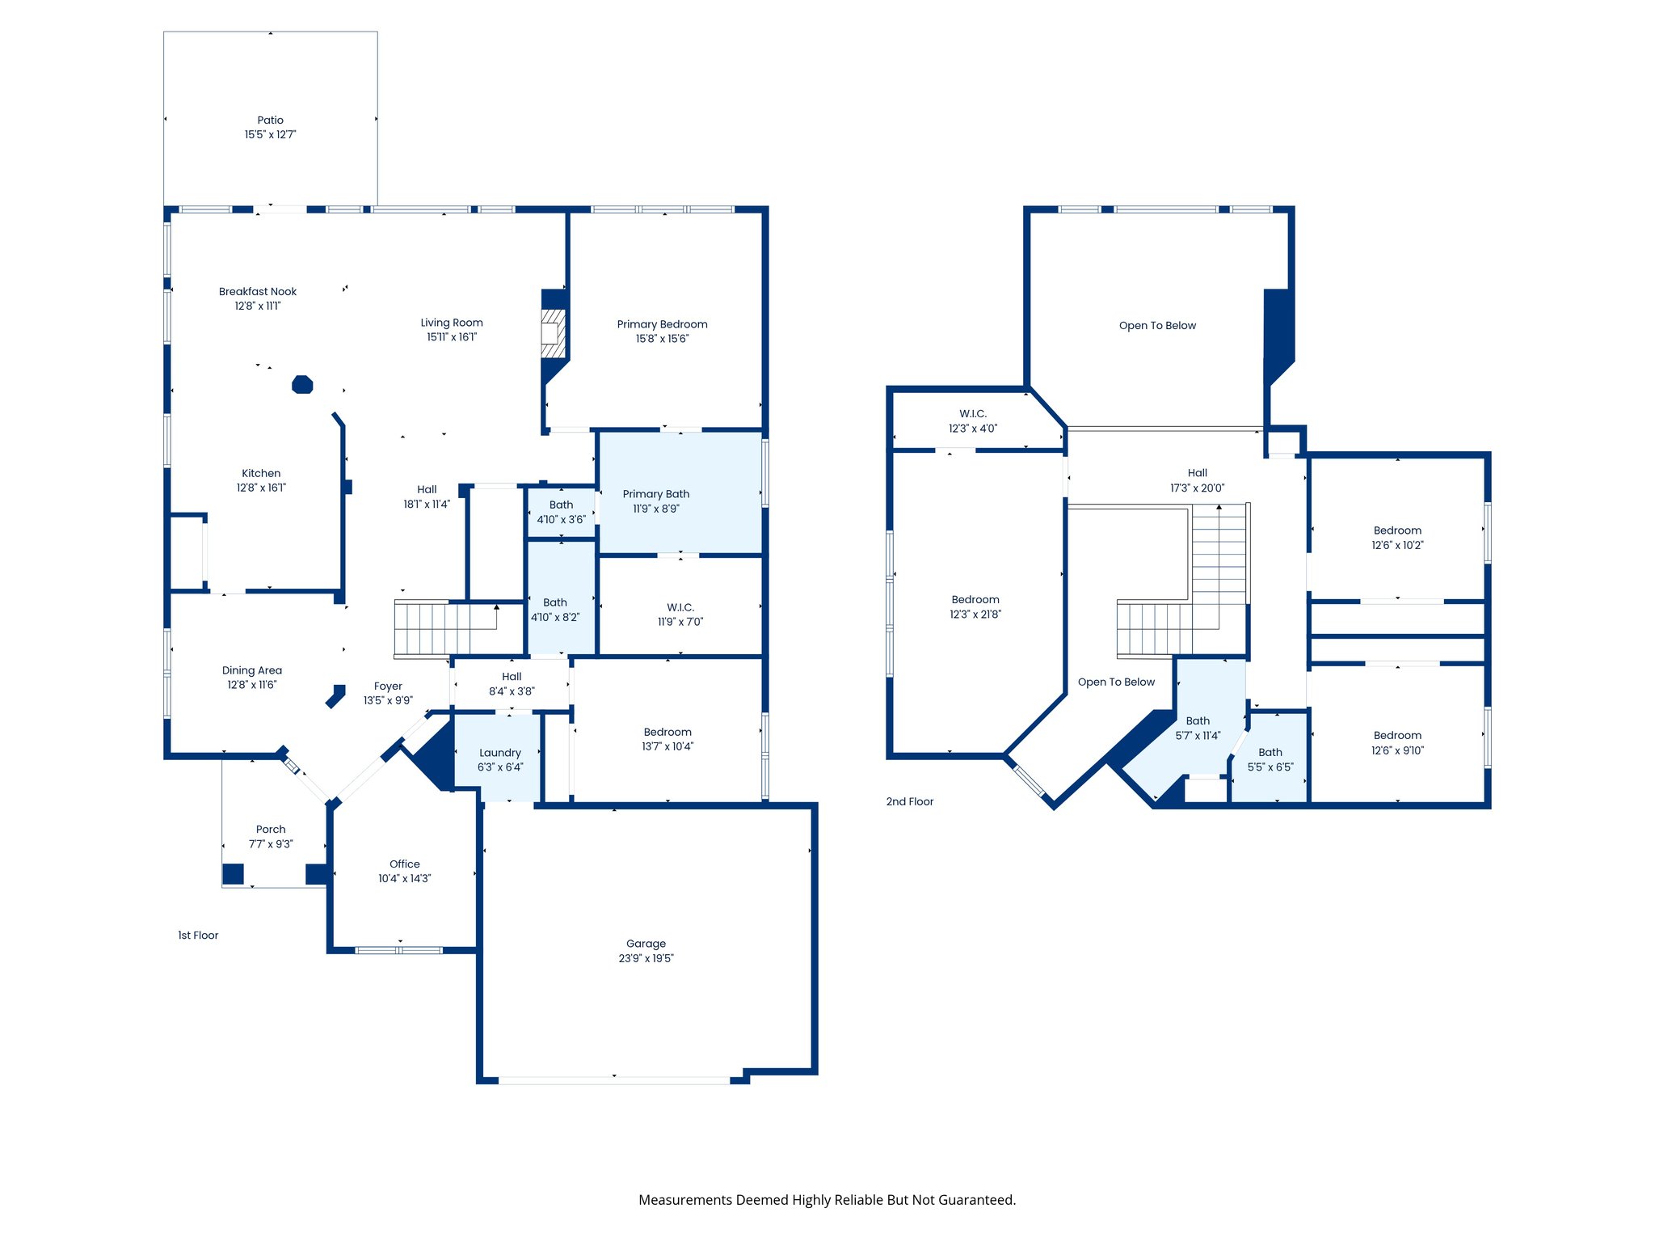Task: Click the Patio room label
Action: [270, 120]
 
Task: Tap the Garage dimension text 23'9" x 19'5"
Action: [646, 958]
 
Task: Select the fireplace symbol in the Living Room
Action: [553, 332]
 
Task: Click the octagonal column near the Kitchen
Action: [302, 384]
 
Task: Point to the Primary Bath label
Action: [655, 494]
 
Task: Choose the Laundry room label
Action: [499, 753]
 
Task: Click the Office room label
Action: [404, 864]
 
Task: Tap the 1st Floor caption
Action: [198, 935]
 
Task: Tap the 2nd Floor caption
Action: [909, 801]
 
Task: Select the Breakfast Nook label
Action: [257, 291]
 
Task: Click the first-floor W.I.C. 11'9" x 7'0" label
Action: [680, 614]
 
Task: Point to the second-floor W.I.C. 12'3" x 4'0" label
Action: [972, 420]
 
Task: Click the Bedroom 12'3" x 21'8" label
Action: [975, 606]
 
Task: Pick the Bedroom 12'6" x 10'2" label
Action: [1396, 538]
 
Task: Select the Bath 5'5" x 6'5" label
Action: [1270, 759]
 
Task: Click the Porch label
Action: [271, 829]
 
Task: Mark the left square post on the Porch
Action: [233, 874]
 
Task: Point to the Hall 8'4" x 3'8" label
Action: [511, 684]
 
